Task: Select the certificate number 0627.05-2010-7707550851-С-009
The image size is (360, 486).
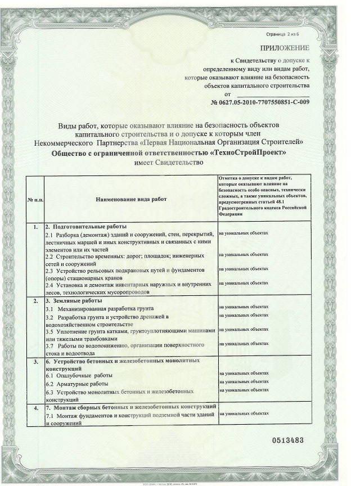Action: tap(260, 103)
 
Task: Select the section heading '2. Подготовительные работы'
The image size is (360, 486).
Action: tap(85, 226)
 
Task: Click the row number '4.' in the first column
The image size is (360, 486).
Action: tap(35, 406)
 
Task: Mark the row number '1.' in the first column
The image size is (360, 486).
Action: tap(35, 226)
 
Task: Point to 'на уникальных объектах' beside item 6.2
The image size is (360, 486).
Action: tap(244, 382)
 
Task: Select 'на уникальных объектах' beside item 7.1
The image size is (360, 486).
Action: tap(244, 413)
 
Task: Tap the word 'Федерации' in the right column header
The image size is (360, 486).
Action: tap(231, 213)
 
